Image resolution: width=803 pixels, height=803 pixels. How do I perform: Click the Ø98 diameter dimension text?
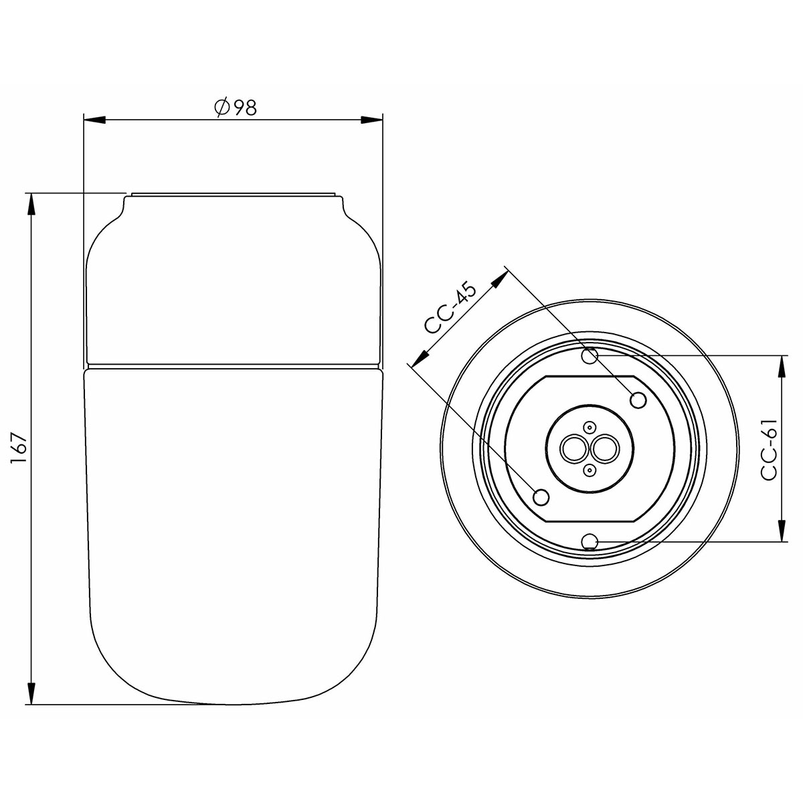pyautogui.click(x=235, y=107)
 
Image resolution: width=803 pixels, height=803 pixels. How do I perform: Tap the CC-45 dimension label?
pyautogui.click(x=450, y=308)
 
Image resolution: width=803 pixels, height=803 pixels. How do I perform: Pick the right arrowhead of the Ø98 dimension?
pyautogui.click(x=371, y=120)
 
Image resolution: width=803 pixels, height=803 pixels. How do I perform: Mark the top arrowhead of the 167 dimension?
pyautogui.click(x=31, y=204)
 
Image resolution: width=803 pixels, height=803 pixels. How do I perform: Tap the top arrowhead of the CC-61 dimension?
pyautogui.click(x=782, y=366)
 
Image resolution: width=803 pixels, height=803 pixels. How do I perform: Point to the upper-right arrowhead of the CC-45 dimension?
pyautogui.click(x=497, y=281)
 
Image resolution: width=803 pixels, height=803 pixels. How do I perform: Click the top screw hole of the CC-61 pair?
pyautogui.click(x=590, y=355)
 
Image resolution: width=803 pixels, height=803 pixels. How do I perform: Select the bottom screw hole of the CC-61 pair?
pyautogui.click(x=590, y=541)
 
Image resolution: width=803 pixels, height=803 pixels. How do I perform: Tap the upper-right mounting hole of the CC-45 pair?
pyautogui.click(x=638, y=400)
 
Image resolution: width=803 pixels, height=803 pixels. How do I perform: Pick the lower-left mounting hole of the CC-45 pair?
pyautogui.click(x=541, y=497)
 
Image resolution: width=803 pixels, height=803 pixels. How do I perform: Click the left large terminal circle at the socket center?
pyautogui.click(x=574, y=449)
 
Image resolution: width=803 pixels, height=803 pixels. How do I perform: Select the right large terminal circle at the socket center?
pyautogui.click(x=604, y=449)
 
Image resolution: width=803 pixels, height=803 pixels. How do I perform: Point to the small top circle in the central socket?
pyautogui.click(x=589, y=427)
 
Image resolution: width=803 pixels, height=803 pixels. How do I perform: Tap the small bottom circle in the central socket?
pyautogui.click(x=589, y=471)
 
